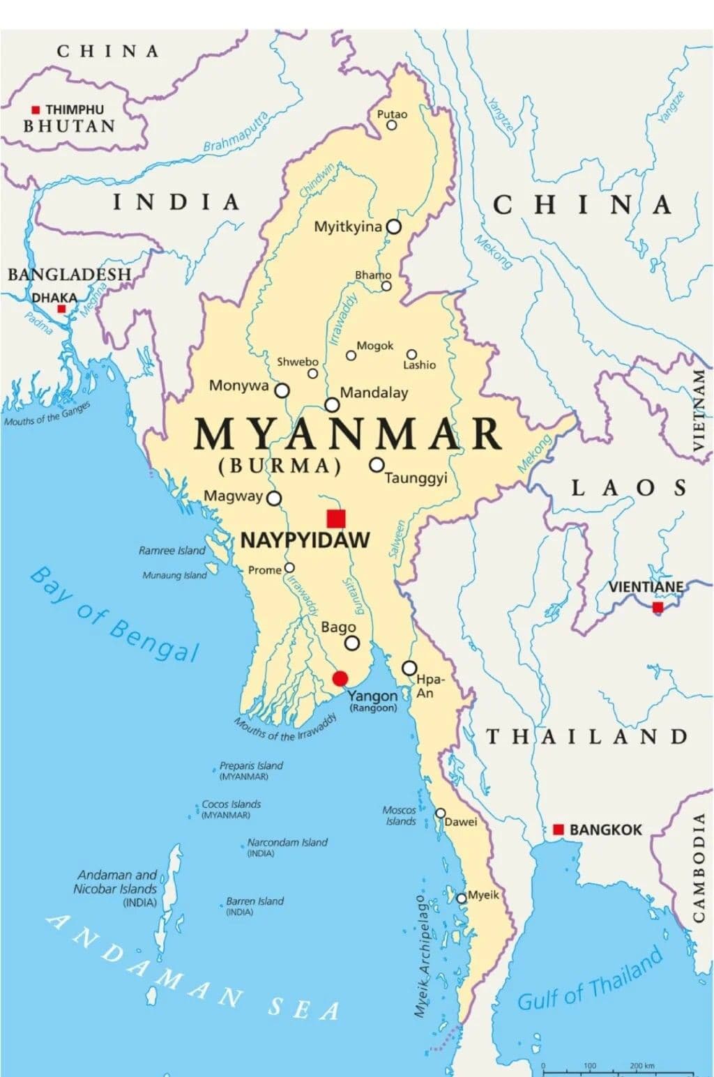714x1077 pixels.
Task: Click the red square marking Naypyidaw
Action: click(x=336, y=519)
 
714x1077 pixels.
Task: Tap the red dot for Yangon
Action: click(x=340, y=678)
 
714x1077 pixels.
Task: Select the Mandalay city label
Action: click(x=374, y=392)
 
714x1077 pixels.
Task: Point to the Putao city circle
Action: click(x=392, y=125)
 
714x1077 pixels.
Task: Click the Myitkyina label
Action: click(x=348, y=227)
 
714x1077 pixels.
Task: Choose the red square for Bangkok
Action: click(x=558, y=830)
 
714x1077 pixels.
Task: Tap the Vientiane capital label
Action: click(x=646, y=587)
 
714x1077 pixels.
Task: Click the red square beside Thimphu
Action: click(x=36, y=110)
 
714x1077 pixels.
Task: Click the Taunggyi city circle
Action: click(x=377, y=464)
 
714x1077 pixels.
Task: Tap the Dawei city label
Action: click(x=461, y=822)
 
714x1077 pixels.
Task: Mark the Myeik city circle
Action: click(x=461, y=899)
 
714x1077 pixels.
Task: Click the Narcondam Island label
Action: click(x=287, y=843)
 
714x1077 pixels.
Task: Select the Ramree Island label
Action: click(x=172, y=551)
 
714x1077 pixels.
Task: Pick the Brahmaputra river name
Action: click(x=236, y=132)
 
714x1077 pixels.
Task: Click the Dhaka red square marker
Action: click(x=61, y=309)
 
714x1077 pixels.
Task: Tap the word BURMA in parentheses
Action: click(x=280, y=466)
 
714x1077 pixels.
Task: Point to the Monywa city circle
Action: click(x=282, y=390)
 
